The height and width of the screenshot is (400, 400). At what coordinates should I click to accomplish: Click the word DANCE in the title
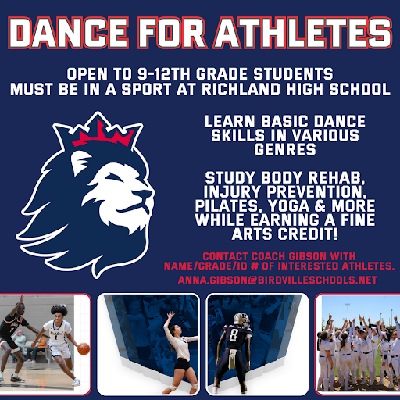pyautogui.click(x=68, y=33)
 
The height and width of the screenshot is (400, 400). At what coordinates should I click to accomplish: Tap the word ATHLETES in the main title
pyautogui.click(x=303, y=33)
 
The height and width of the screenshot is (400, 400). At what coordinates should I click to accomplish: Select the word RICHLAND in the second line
pyautogui.click(x=241, y=89)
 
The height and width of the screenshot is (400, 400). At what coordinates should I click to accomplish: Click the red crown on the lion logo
pyautogui.click(x=102, y=134)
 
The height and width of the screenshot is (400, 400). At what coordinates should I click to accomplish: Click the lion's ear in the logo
pyautogui.click(x=80, y=162)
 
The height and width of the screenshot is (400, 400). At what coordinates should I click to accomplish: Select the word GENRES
pyautogui.click(x=285, y=149)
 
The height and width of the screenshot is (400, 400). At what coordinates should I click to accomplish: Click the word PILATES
pyautogui.click(x=229, y=206)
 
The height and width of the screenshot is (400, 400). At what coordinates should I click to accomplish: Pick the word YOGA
pyautogui.click(x=289, y=206)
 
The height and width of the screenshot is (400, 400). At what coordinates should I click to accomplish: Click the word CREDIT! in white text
pyautogui.click(x=308, y=234)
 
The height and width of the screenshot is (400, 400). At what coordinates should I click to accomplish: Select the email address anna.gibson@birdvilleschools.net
pyautogui.click(x=277, y=280)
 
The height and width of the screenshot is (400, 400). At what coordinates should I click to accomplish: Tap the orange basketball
pyautogui.click(x=84, y=348)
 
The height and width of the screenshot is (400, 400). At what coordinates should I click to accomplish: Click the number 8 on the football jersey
pyautogui.click(x=233, y=336)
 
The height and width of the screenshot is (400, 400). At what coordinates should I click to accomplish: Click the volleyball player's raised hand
pyautogui.click(x=171, y=315)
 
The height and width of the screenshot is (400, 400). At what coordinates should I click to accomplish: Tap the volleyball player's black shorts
pyautogui.click(x=182, y=365)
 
